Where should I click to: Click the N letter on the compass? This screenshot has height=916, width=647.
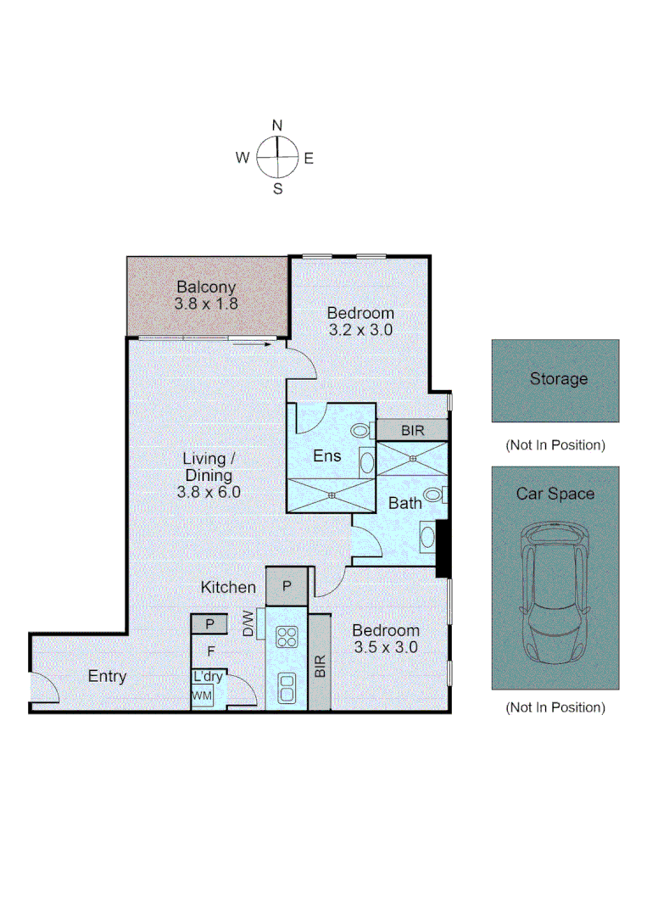(277, 126)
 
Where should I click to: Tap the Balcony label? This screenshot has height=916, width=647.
(206, 288)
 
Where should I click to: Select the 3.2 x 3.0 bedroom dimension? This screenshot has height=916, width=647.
(360, 331)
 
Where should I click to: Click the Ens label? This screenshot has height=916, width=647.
(326, 455)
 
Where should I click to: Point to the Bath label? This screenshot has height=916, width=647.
(404, 503)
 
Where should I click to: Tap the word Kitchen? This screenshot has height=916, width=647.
(228, 587)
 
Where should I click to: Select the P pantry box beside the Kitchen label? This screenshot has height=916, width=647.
(287, 586)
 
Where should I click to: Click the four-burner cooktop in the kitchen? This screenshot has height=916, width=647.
(287, 636)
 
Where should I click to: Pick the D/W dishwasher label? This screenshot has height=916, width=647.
(248, 625)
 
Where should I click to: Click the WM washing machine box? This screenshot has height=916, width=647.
(202, 696)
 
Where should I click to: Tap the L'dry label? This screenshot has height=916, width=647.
(208, 677)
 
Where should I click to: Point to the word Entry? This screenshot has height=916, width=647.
(107, 676)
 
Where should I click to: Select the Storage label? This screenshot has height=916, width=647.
(558, 379)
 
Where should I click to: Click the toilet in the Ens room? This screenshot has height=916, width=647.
(361, 431)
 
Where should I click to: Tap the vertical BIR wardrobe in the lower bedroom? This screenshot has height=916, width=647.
(320, 663)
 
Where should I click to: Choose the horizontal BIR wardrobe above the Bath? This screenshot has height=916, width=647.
(413, 431)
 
